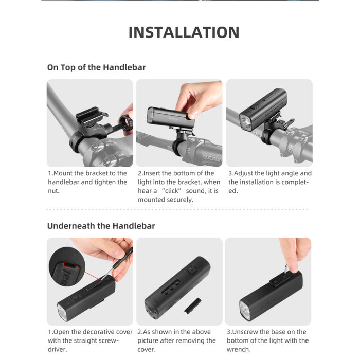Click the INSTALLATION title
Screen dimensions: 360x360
(184, 32)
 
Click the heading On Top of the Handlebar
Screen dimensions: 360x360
(97, 67)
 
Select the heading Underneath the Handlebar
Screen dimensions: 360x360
(101, 226)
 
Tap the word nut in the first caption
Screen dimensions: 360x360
(53, 191)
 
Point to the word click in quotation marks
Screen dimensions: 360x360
(171, 191)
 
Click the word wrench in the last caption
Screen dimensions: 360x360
(238, 349)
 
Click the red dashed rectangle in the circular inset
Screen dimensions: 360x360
(70, 265)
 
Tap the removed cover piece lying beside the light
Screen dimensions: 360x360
(193, 306)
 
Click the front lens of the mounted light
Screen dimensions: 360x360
(245, 124)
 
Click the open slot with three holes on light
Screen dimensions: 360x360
(172, 287)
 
